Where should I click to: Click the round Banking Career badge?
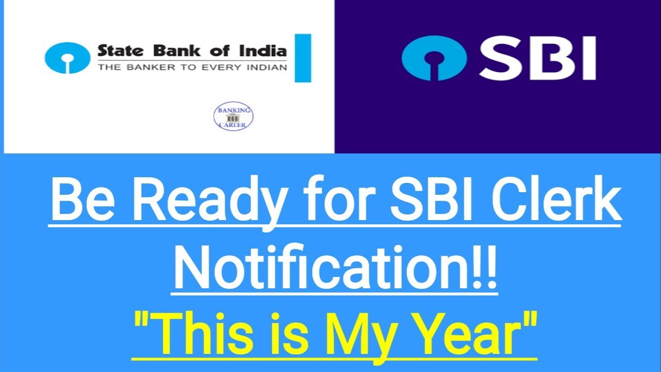[233, 116]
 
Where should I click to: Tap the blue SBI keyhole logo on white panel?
[67, 58]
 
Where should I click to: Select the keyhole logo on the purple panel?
[434, 57]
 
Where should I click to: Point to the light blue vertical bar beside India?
[303, 58]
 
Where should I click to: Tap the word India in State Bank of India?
[265, 51]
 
